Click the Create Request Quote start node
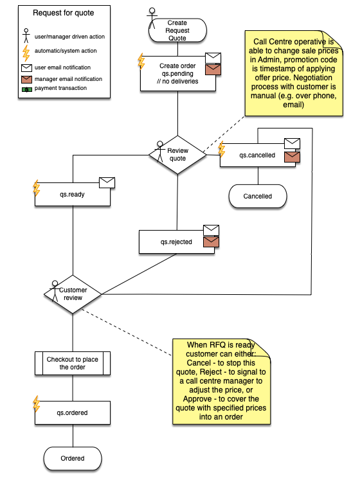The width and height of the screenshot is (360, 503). (177, 30)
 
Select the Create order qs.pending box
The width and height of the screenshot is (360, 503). (177, 73)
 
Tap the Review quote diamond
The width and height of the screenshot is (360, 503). (177, 155)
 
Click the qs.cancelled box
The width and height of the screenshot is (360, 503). (258, 155)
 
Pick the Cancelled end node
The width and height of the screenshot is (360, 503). (258, 197)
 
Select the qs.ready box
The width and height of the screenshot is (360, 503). (73, 195)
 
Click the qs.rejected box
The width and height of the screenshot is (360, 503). (177, 242)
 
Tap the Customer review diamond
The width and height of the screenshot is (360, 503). (73, 294)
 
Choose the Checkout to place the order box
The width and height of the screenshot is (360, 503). (73, 364)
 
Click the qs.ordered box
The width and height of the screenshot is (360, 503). (73, 413)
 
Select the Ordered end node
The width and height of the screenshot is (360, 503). (73, 459)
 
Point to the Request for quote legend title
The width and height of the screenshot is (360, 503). (64, 13)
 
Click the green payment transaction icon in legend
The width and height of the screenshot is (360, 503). (26, 89)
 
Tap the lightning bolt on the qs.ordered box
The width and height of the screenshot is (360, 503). (37, 403)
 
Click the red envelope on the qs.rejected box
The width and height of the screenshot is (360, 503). (212, 242)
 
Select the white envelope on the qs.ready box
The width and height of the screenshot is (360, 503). (107, 182)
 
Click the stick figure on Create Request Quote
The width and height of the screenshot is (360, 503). (152, 15)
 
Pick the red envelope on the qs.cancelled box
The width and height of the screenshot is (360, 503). (292, 157)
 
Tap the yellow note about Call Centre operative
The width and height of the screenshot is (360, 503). (294, 73)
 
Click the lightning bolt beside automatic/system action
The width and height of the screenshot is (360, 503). (26, 53)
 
